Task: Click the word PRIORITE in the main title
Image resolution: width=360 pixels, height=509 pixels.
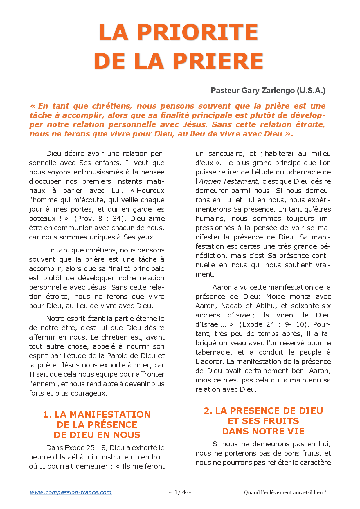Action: pyautogui.click(x=197, y=32)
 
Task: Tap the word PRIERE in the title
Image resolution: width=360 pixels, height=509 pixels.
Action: pyautogui.click(x=218, y=61)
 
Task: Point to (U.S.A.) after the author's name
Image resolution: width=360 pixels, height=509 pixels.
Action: pyautogui.click(x=311, y=91)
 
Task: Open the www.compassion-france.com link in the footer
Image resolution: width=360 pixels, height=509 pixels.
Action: pyautogui.click(x=71, y=492)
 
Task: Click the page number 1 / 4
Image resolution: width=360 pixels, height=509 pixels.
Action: pyautogui.click(x=180, y=492)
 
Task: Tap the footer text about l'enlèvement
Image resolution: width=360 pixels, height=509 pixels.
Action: pyautogui.click(x=285, y=492)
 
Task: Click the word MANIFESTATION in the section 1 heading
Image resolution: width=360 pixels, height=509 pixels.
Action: pyautogui.click(x=110, y=414)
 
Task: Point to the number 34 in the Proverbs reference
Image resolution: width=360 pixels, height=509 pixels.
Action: pyautogui.click(x=117, y=219)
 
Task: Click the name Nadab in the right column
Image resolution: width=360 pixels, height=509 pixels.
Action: pyautogui.click(x=231, y=306)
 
